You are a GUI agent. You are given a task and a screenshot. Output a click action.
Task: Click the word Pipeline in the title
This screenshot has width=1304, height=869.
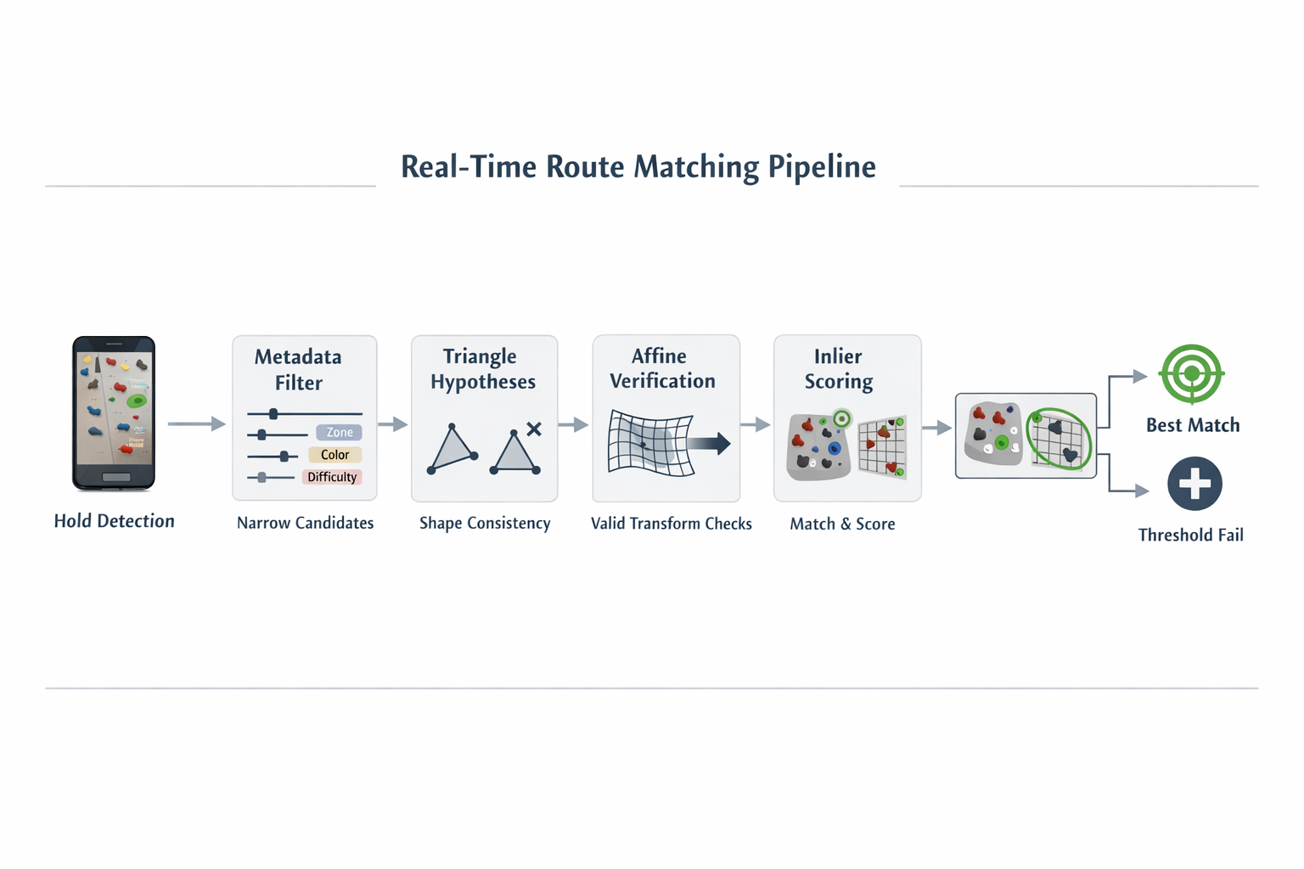[821, 167]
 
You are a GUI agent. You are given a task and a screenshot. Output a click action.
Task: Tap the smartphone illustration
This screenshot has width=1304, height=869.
[114, 413]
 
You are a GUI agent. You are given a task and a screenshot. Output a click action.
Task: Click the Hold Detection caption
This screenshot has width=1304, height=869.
[115, 521]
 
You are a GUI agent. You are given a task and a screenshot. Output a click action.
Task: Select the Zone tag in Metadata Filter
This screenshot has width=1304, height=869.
[339, 433]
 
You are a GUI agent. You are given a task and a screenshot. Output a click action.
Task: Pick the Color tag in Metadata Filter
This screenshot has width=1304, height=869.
[334, 455]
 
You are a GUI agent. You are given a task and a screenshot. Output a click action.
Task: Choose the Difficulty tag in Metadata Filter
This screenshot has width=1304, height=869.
[332, 477]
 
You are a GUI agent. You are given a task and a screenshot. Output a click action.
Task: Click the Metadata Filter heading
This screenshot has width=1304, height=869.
[298, 369]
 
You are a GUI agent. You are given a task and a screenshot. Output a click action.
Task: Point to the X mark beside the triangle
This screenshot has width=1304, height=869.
[534, 429]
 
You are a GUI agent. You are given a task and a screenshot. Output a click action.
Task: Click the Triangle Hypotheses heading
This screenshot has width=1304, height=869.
[483, 369]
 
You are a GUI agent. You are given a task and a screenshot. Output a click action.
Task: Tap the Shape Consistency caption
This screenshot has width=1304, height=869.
[485, 524]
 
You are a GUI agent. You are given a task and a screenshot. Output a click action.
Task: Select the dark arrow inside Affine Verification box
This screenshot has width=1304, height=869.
[709, 443]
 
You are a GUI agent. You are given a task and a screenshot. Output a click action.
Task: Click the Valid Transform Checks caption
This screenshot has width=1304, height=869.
[672, 524]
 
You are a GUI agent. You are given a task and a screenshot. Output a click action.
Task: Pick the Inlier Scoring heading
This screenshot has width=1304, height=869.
[838, 369]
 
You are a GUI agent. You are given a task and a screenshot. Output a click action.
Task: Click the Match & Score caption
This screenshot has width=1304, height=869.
[842, 524]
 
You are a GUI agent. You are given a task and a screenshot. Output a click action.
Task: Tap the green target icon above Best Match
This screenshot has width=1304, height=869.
[1191, 373]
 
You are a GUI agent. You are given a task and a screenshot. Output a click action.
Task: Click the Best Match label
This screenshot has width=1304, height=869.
[1193, 425]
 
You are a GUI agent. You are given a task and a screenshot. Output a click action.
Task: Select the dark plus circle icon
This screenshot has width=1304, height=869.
[1194, 484]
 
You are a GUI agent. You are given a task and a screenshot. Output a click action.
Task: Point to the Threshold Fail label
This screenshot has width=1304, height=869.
[1190, 535]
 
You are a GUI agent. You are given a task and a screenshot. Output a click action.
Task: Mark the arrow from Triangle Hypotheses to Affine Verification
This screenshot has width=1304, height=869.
[574, 424]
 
